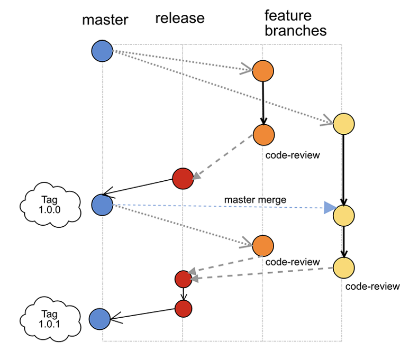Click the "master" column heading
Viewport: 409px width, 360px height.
105,21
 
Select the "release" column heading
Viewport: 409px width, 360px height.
180,19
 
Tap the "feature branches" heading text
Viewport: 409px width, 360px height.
295,23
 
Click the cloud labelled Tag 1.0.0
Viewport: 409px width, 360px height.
51,204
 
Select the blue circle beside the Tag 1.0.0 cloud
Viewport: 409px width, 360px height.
102,205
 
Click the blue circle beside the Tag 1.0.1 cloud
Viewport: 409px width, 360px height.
99,319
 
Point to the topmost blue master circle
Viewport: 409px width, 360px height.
103,51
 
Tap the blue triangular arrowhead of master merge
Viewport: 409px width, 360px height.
330,208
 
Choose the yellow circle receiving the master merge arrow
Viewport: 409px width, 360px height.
344,216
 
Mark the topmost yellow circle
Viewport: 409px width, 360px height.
343,124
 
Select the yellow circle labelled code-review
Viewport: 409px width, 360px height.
344,267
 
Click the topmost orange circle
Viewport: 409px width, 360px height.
262,71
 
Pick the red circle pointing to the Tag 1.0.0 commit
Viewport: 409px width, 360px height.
183,179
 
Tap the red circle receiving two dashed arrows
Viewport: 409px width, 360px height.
183,278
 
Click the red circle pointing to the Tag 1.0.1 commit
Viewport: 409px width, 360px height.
183,308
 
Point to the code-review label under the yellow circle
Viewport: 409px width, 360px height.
372,287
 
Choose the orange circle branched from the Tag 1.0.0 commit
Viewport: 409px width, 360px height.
262,246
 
